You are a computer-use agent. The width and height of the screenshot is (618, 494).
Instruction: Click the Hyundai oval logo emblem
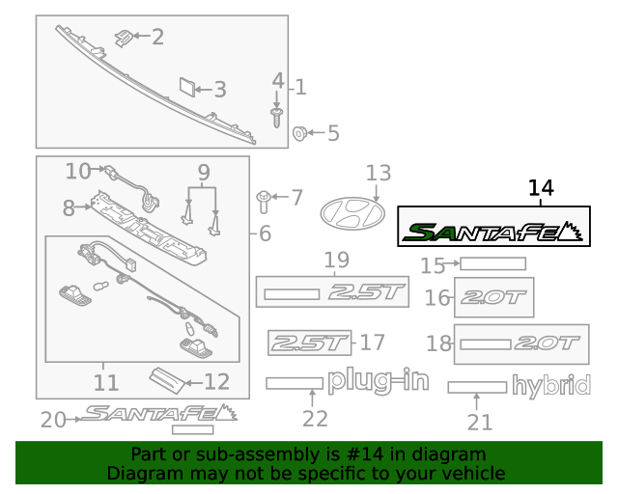pyautogui.click(x=352, y=212)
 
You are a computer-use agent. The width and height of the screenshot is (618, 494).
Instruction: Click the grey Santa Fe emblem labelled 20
pyautogui.click(x=159, y=414)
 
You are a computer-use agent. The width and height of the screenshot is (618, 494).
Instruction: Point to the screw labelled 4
pyautogui.click(x=277, y=118)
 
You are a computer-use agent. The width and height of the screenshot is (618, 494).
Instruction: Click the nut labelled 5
pyautogui.click(x=300, y=133)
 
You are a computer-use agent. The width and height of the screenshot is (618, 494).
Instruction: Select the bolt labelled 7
pyautogui.click(x=263, y=200)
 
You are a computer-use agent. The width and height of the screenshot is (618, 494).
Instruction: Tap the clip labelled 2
pyautogui.click(x=123, y=38)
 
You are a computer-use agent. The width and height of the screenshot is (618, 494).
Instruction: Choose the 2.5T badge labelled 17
pyautogui.click(x=307, y=342)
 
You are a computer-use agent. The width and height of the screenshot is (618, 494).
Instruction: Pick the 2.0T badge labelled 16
pyautogui.click(x=493, y=297)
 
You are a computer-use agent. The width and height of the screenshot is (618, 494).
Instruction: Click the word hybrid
pyautogui.click(x=550, y=387)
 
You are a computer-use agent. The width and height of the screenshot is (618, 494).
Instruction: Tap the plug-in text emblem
pyautogui.click(x=378, y=381)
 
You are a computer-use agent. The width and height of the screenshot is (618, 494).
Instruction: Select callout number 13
pyautogui.click(x=379, y=173)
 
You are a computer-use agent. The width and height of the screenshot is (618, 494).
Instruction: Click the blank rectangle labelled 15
pyautogui.click(x=492, y=263)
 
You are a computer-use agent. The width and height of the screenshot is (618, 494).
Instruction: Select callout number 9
pyautogui.click(x=203, y=174)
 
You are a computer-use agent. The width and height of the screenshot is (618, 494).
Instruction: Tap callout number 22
pyautogui.click(x=315, y=419)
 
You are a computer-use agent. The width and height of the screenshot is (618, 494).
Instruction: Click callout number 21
pyautogui.click(x=479, y=422)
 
